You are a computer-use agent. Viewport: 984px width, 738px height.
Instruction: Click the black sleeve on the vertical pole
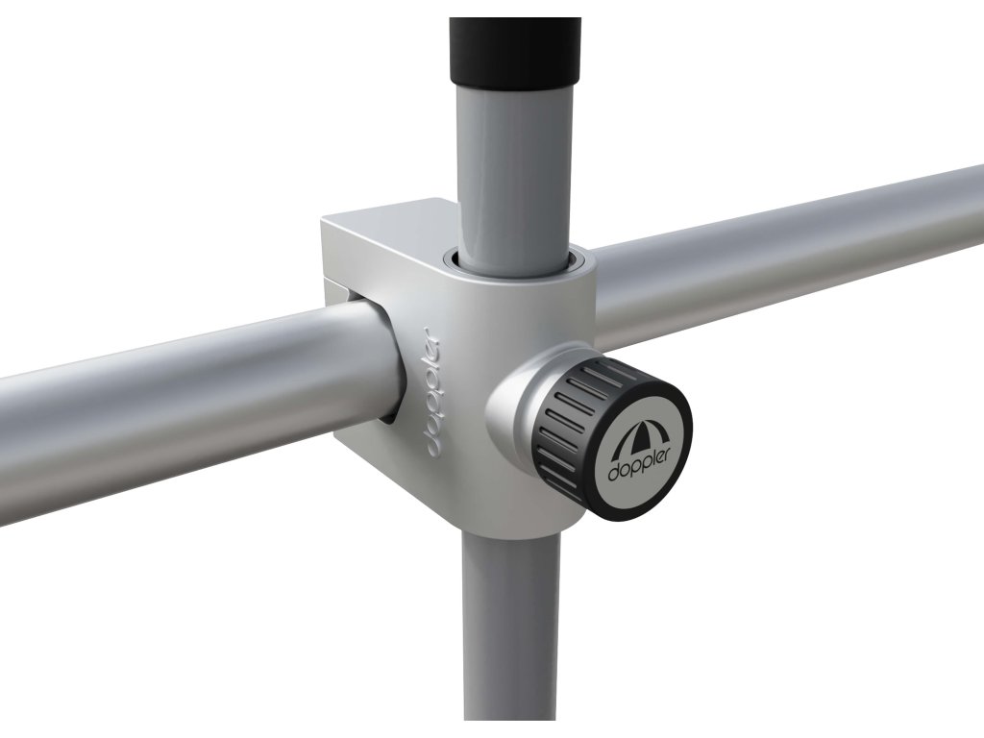515,50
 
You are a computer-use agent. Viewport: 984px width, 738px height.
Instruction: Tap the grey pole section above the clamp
514,169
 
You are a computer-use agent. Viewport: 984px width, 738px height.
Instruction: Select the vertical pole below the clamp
511,627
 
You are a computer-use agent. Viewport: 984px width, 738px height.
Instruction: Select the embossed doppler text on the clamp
430,392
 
